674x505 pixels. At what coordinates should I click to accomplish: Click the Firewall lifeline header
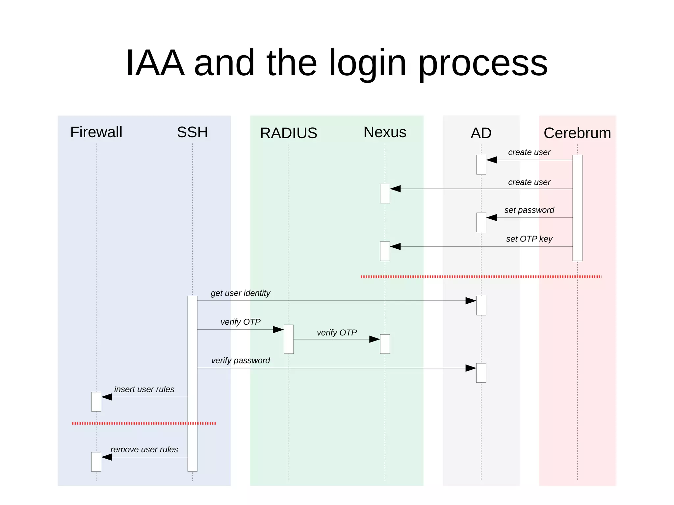pos(96,132)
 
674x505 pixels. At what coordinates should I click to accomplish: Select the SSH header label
pos(192,132)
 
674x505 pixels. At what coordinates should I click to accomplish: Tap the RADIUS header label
pos(288,133)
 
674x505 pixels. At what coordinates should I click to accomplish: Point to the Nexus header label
pos(385,132)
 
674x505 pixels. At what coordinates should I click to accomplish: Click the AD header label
pos(481,133)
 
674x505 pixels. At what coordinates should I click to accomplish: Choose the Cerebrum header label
pos(577,133)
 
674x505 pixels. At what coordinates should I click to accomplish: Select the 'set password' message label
pos(529,210)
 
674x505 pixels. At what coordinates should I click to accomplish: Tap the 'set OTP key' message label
pos(529,239)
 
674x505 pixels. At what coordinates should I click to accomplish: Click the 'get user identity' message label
pos(240,293)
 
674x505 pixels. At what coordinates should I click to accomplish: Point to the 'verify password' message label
pos(240,360)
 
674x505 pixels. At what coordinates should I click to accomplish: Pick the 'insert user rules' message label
pos(144,389)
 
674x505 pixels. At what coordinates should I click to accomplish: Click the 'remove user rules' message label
pos(144,449)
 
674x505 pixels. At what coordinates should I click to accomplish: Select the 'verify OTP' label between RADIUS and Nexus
pos(337,333)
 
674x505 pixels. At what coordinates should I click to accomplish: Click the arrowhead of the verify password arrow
pos(471,368)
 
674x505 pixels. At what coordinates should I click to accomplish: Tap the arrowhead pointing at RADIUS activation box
pos(278,330)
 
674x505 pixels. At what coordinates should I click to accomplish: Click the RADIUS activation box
pos(289,339)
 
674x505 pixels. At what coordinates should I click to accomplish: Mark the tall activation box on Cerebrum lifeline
pos(577,208)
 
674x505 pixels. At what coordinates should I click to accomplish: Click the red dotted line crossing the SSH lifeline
pos(192,423)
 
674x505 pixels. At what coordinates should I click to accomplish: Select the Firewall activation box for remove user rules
pos(96,462)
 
